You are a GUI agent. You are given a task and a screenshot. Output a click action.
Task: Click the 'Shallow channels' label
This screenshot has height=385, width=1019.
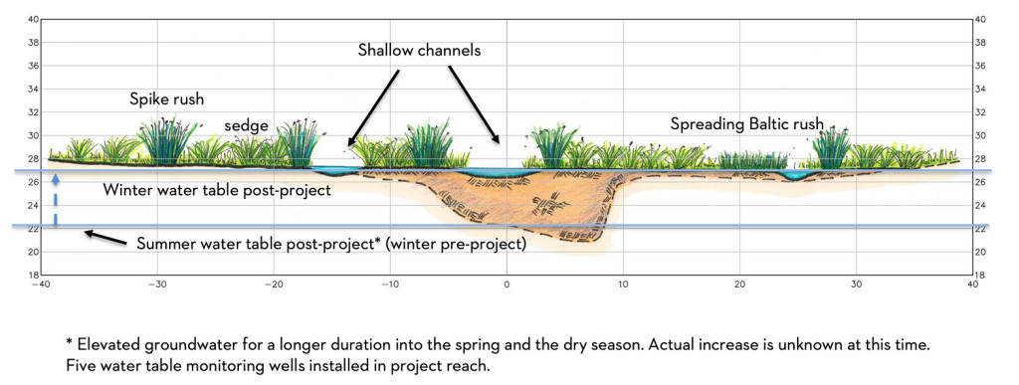point(419,50)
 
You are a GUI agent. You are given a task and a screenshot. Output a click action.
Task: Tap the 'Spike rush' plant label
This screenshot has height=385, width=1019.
point(167,100)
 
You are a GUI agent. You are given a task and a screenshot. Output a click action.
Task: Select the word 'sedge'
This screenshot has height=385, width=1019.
point(247,126)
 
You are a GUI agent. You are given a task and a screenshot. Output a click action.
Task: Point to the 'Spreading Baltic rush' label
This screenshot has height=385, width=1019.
point(747,123)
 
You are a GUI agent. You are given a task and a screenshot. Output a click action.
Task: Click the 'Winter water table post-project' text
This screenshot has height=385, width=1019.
point(217,191)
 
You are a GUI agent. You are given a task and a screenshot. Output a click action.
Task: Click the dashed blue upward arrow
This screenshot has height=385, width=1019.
point(56,200)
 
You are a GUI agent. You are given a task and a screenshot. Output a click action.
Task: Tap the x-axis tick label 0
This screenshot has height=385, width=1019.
point(507,285)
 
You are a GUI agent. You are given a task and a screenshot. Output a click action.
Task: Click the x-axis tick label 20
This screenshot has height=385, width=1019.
point(739,285)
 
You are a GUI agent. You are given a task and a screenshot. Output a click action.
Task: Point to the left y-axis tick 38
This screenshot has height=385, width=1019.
point(33,43)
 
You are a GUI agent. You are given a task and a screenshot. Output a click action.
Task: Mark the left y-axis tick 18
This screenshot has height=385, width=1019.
point(33,275)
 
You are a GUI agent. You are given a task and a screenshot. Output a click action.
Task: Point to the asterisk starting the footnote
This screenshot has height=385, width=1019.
point(69,341)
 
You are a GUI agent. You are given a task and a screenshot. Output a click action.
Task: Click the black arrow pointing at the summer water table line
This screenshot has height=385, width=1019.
point(105,238)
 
